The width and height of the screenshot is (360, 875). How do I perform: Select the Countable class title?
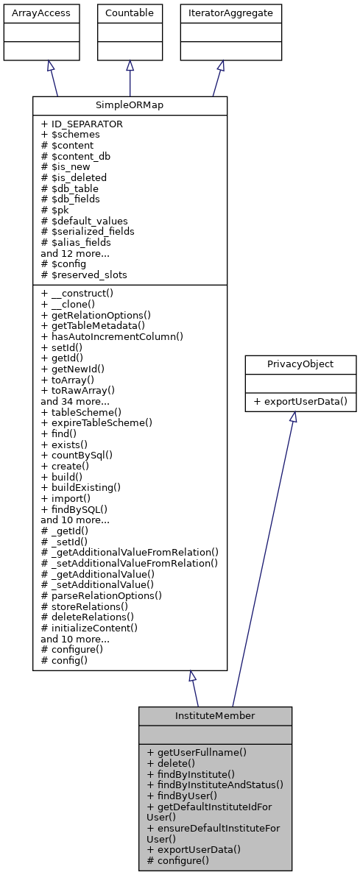pos(130,13)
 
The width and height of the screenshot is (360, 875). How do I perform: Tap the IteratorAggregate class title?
pos(231,13)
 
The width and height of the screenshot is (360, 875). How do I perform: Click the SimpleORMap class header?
pos(130,105)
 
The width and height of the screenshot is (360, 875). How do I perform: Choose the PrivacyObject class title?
pos(300,364)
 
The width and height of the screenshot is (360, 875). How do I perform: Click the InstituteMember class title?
pos(215,715)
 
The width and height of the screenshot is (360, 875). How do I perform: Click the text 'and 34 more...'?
pos(75,402)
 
